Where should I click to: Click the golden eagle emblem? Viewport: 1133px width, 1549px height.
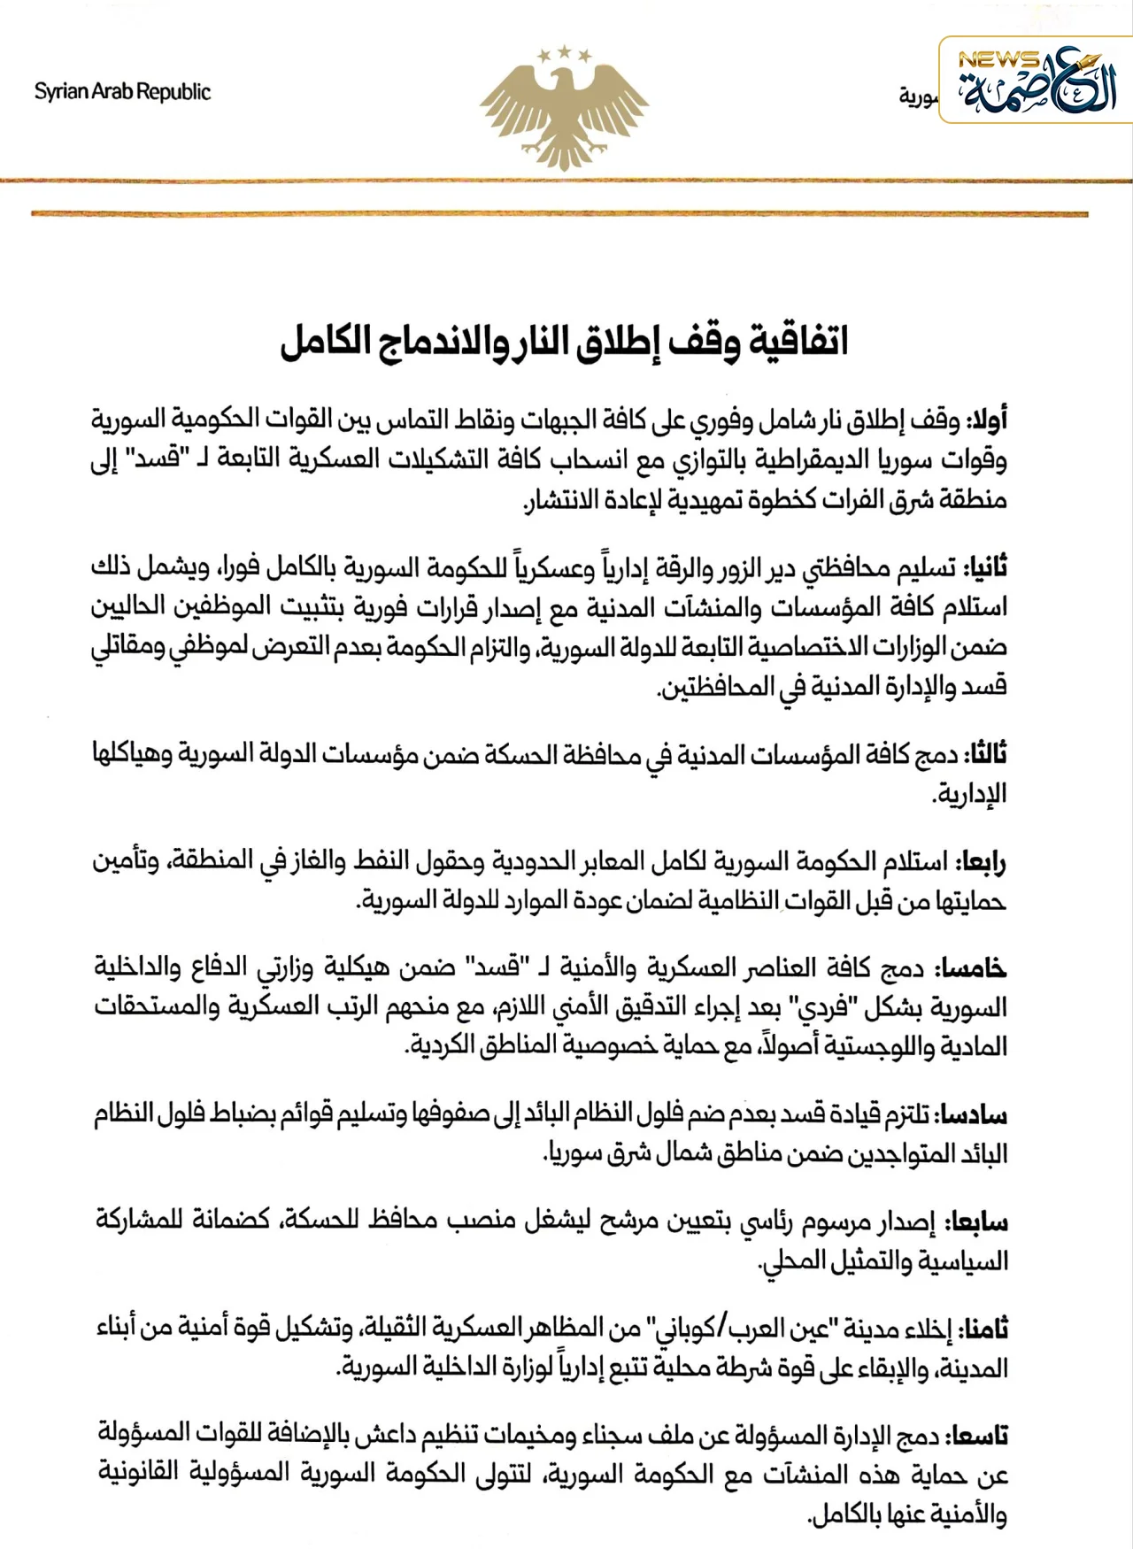564,111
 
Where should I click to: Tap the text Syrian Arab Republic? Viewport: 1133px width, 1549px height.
122,92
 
